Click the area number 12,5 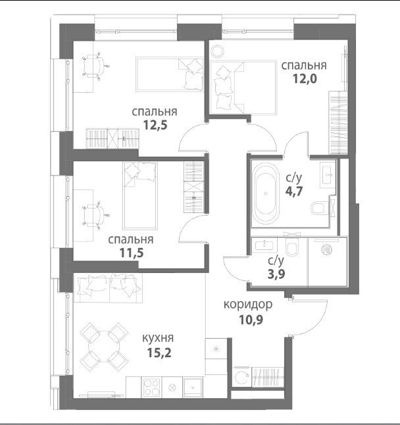click(x=155, y=125)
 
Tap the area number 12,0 click(x=305, y=78)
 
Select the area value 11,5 click(x=132, y=253)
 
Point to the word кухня click(x=158, y=338)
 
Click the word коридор click(x=248, y=305)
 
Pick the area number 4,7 click(x=294, y=191)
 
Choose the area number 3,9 click(x=276, y=274)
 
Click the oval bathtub click(x=266, y=193)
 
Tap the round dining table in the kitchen click(x=104, y=346)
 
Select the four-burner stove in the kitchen click(x=152, y=387)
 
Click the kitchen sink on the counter click(x=193, y=387)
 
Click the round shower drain click(x=327, y=249)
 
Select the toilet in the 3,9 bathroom click(x=292, y=247)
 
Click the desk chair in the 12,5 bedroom click(x=95, y=66)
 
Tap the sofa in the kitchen click(x=108, y=287)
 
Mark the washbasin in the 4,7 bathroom click(x=328, y=174)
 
